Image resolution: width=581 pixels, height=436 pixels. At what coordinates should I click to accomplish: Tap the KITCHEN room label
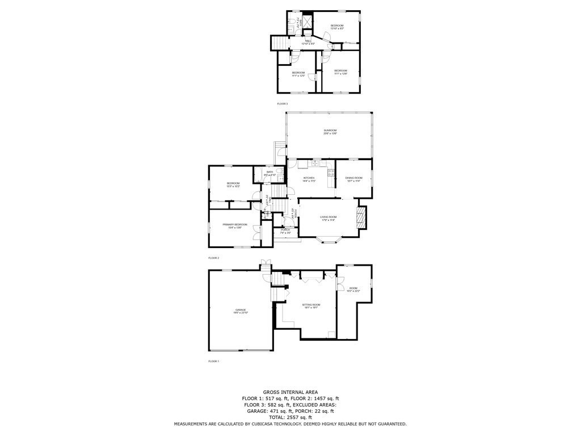pyautogui.click(x=310, y=178)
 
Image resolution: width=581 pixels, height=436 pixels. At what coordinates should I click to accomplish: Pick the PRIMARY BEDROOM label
pyautogui.click(x=235, y=226)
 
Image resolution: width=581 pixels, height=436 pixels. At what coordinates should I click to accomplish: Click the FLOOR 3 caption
pyautogui.click(x=282, y=104)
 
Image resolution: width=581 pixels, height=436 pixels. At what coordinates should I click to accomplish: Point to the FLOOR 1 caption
pyautogui.click(x=213, y=361)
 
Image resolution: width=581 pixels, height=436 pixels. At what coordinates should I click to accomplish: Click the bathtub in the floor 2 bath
pyautogui.click(x=258, y=175)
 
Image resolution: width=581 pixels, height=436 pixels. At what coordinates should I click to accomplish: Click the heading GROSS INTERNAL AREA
pyautogui.click(x=290, y=392)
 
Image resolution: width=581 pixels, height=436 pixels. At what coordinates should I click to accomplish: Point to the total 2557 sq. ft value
pyautogui.click(x=290, y=417)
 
